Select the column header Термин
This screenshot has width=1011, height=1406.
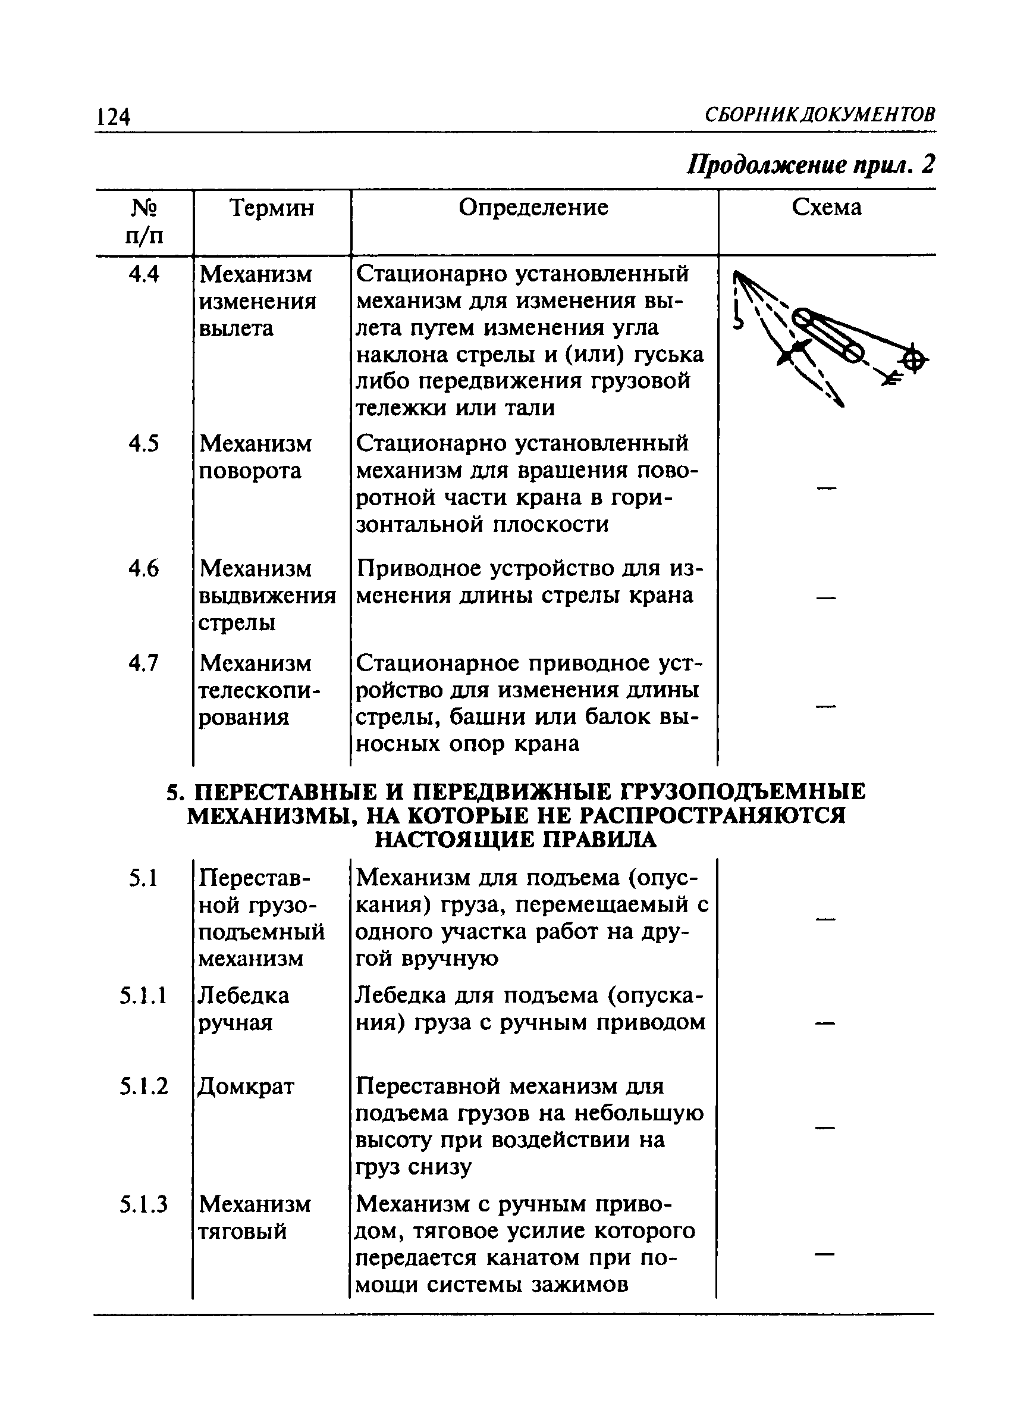click(x=272, y=208)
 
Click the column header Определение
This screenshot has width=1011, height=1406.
click(x=533, y=207)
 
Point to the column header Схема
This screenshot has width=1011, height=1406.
click(x=827, y=207)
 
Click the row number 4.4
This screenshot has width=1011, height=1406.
click(x=144, y=274)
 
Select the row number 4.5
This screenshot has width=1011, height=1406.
click(x=144, y=443)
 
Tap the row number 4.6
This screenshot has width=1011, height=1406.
click(x=144, y=568)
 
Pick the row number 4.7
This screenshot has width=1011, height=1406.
click(x=144, y=663)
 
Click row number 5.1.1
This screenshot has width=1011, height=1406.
click(x=144, y=995)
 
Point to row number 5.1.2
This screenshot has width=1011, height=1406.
click(x=144, y=1086)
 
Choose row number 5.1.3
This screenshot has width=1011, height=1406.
click(x=144, y=1204)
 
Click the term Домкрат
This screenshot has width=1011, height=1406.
click(x=246, y=1086)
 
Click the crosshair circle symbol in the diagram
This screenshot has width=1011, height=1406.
click(x=915, y=359)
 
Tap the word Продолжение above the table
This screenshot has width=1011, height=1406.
click(x=767, y=165)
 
